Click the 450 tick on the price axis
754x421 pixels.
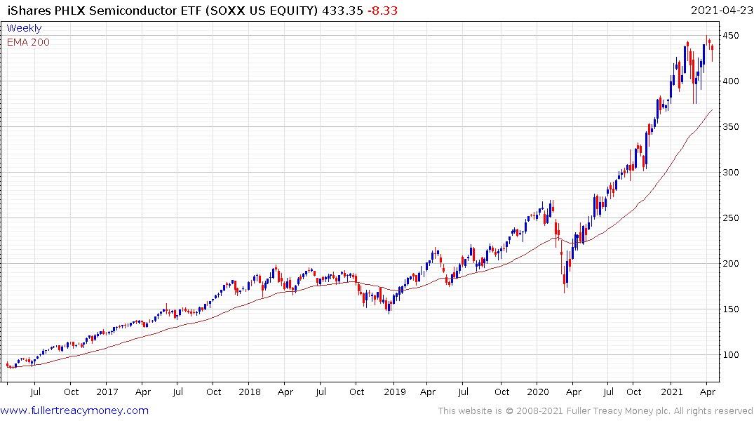[x=732, y=36]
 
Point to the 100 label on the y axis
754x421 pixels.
[x=732, y=355]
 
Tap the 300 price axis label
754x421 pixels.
[x=732, y=173]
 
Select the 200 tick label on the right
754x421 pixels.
[x=732, y=264]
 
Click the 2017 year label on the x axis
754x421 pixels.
[x=107, y=392]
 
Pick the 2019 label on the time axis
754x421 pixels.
[x=394, y=392]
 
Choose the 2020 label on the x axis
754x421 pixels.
[x=538, y=392]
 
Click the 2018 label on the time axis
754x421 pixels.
[x=250, y=392]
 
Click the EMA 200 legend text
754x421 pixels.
[x=29, y=42]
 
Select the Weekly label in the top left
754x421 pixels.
[x=25, y=28]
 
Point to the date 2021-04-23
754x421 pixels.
[x=720, y=11]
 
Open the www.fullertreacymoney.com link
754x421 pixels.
[x=74, y=410]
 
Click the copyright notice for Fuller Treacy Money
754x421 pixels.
[x=595, y=411]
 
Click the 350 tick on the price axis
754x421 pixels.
[x=732, y=127]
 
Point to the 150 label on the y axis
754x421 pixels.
[x=732, y=309]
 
